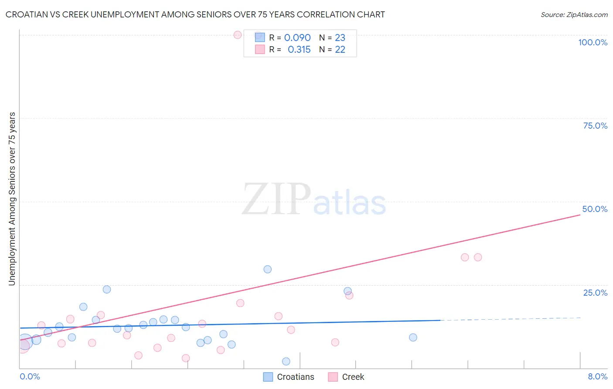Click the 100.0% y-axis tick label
593,42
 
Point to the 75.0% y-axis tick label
595,126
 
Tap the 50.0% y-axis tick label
595,209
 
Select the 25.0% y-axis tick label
595,292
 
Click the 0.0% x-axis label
30,376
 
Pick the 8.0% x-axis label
597,376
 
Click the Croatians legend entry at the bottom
295,377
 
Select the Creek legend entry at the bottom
353,377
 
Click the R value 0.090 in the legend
297,38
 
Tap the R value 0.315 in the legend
299,50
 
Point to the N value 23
340,38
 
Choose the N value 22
340,50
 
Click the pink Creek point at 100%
238,35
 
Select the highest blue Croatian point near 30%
268,270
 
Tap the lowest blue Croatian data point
286,362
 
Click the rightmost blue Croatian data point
413,338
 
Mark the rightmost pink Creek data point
478,257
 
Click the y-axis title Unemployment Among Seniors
12,199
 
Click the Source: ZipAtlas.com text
574,15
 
